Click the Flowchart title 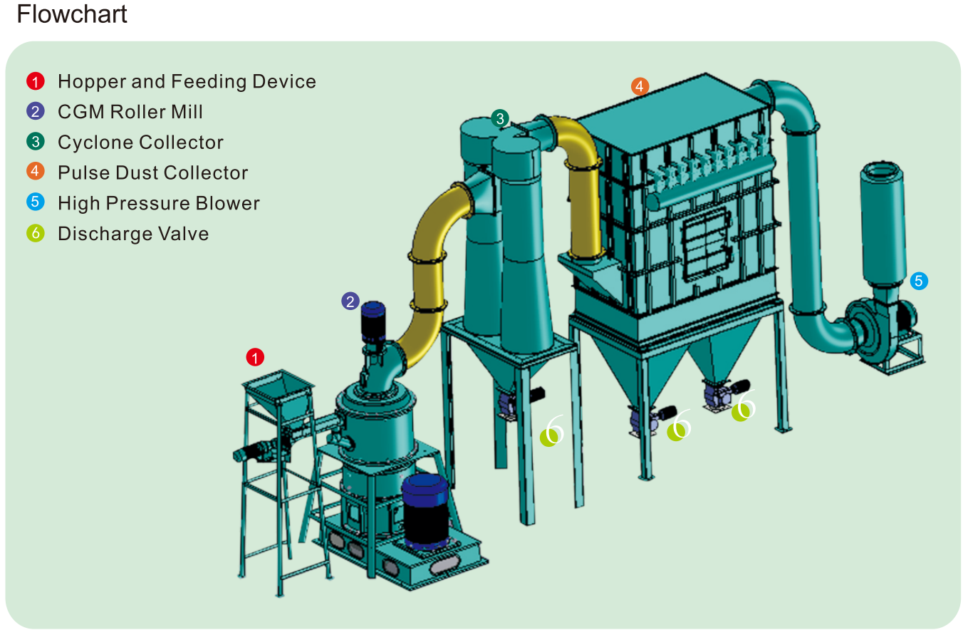point(72,14)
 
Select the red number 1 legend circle point(36,81)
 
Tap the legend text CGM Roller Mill point(130,112)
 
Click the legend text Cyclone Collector point(140,143)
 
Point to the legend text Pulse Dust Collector point(152,173)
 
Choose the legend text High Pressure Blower point(158,204)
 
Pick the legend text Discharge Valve point(133,234)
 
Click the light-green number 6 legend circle point(36,233)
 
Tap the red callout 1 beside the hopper point(255,357)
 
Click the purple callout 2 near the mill point(350,301)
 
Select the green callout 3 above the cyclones point(500,118)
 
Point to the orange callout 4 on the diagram point(640,86)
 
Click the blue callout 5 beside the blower point(919,281)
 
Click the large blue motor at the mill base point(425,510)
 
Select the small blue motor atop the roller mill point(373,322)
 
